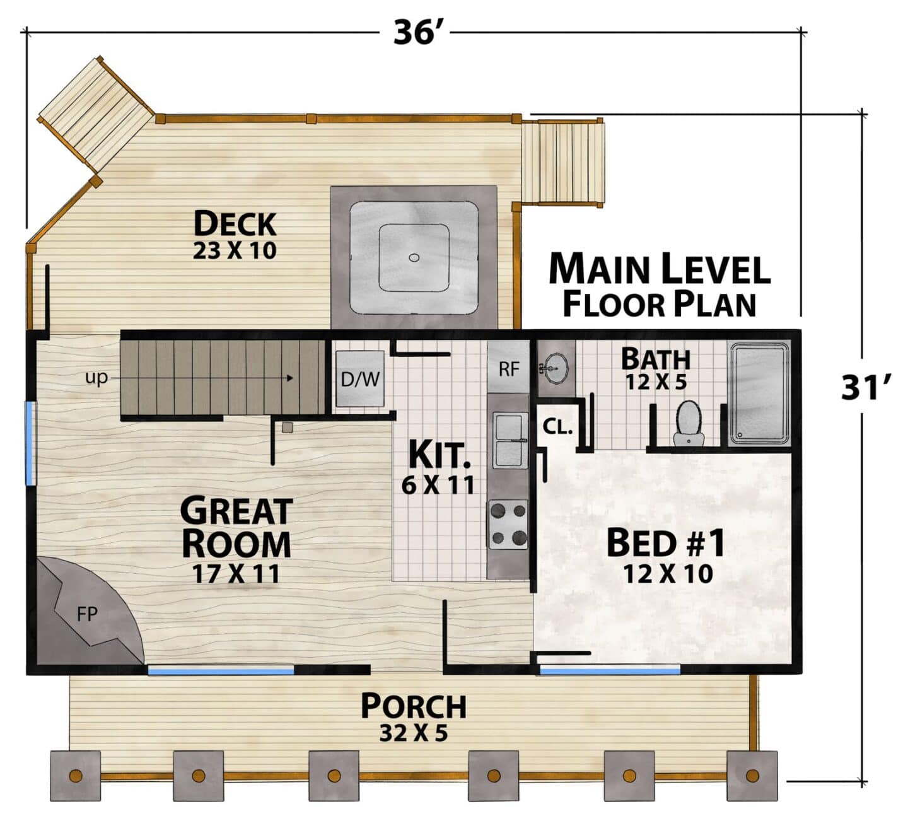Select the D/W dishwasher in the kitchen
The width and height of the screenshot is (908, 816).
[x=360, y=379]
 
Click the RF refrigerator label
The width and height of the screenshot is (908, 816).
[x=509, y=369]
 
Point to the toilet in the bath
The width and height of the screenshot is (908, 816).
[x=689, y=424]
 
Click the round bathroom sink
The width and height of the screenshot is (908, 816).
[x=556, y=368]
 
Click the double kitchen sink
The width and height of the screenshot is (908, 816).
[x=511, y=440]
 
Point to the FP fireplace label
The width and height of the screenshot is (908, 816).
[x=87, y=614]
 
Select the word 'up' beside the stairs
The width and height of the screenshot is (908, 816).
[x=96, y=378]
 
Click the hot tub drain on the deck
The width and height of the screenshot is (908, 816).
[x=414, y=258]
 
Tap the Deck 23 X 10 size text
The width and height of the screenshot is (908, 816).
[x=235, y=250]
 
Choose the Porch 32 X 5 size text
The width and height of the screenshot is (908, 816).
[x=413, y=733]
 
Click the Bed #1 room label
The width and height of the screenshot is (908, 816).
[x=665, y=543]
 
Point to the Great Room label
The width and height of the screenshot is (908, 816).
[x=236, y=527]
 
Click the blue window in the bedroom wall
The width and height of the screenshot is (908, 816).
[x=610, y=671]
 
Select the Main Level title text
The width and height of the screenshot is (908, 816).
[x=660, y=269]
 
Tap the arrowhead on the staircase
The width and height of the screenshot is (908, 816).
[x=290, y=378]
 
